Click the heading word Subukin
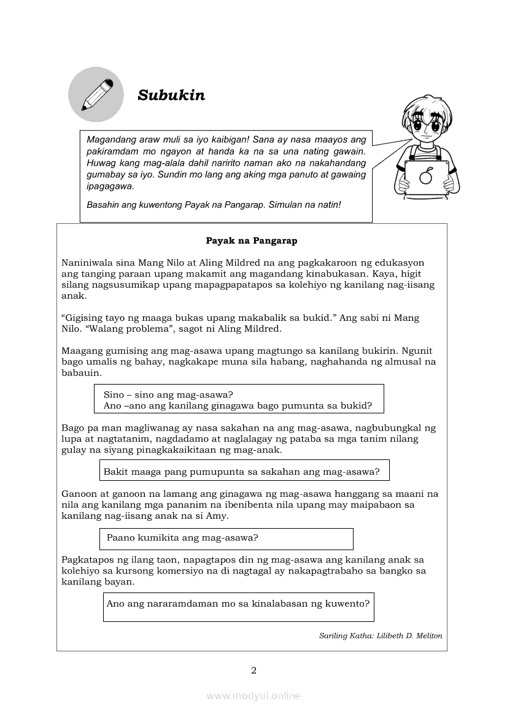(x=171, y=95)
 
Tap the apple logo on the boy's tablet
(x=426, y=177)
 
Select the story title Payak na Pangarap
(x=252, y=241)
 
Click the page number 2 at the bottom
(x=253, y=670)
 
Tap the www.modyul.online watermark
(x=253, y=696)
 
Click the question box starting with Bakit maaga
(x=244, y=471)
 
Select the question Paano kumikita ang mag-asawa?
(x=182, y=538)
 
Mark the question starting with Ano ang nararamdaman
(x=238, y=603)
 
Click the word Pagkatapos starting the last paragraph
(x=88, y=559)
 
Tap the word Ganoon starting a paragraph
(x=79, y=494)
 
